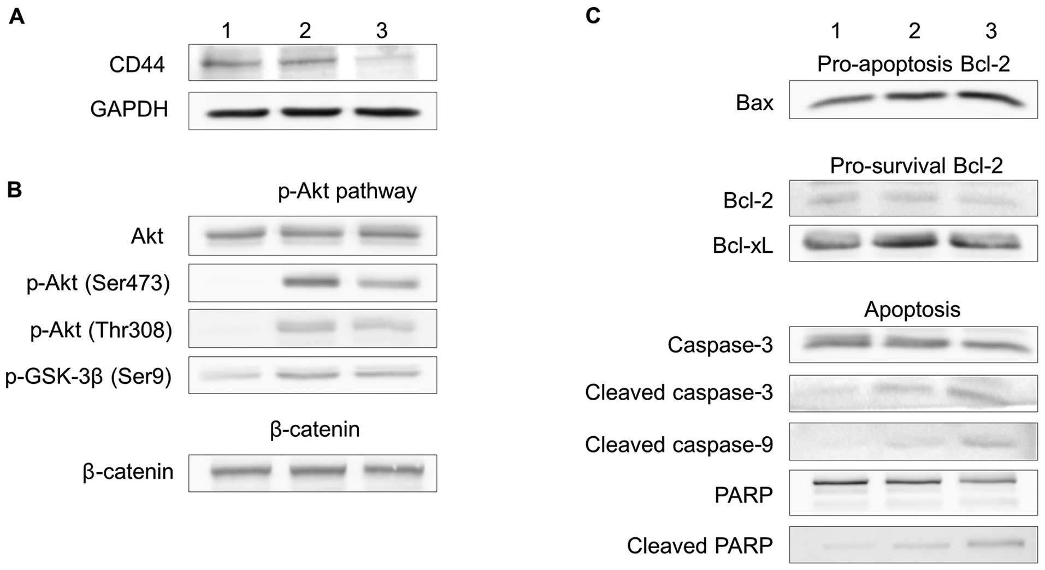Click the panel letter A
click(x=17, y=17)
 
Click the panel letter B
click(x=15, y=189)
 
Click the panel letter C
click(x=593, y=16)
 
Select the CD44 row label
click(x=137, y=64)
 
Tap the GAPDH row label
click(x=129, y=109)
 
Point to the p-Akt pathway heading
click(x=347, y=191)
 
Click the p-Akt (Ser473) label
click(x=98, y=283)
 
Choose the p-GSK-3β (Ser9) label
click(x=88, y=376)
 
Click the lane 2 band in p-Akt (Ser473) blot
click(x=311, y=282)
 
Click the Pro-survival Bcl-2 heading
click(x=916, y=165)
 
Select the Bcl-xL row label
click(x=743, y=246)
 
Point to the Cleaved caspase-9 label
click(x=679, y=444)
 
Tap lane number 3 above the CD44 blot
click(x=381, y=31)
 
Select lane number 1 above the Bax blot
click(x=835, y=31)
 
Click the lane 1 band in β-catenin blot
click(x=240, y=471)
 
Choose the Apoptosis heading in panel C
click(x=912, y=310)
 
